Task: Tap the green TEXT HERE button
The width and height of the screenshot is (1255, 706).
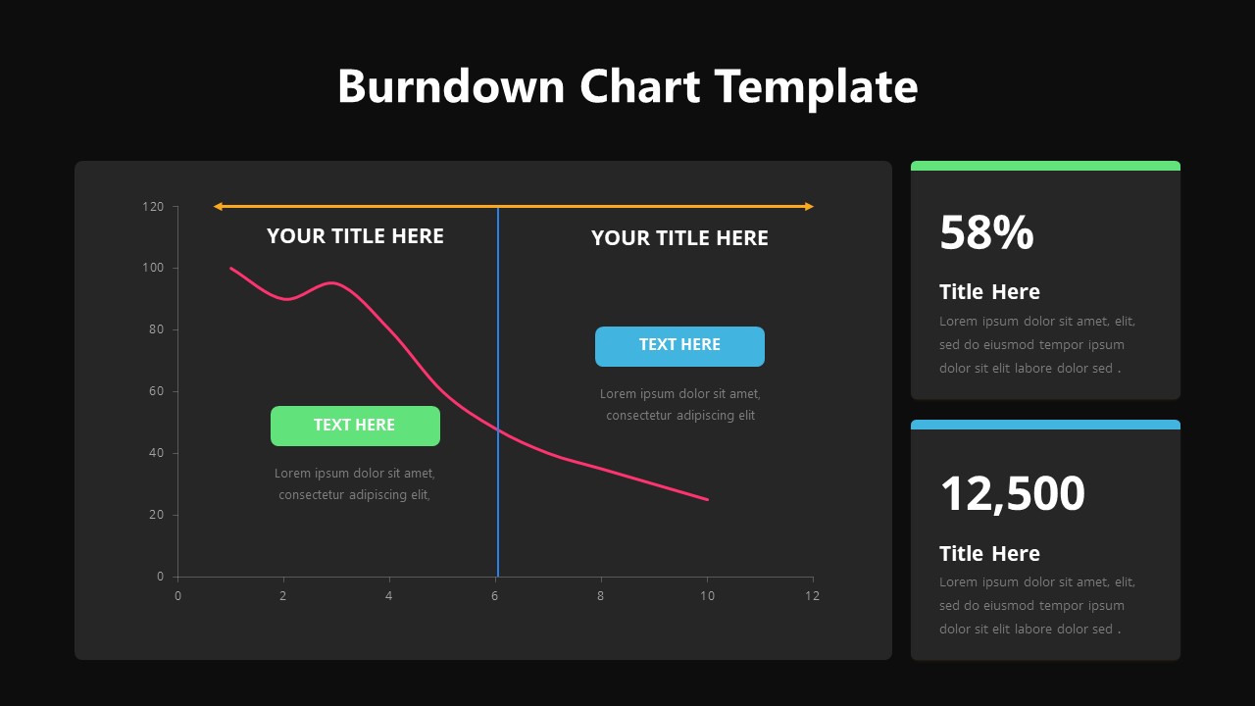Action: click(x=355, y=426)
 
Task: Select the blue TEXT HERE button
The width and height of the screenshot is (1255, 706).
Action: click(x=679, y=346)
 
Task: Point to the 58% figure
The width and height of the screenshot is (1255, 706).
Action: click(x=986, y=233)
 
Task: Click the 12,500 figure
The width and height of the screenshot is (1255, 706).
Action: click(x=1012, y=493)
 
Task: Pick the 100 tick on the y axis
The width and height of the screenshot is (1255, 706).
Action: click(x=153, y=268)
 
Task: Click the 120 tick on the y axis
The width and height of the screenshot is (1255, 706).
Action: click(x=153, y=207)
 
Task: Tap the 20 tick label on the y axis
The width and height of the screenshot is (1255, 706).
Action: click(x=156, y=515)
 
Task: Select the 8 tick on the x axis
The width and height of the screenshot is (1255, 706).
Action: click(x=601, y=595)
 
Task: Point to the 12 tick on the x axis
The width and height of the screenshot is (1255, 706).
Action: click(x=812, y=595)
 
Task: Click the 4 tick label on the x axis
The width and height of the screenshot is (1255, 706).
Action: click(x=389, y=595)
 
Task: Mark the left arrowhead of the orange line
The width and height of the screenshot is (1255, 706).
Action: click(x=218, y=207)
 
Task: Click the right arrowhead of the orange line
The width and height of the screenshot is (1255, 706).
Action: click(x=809, y=207)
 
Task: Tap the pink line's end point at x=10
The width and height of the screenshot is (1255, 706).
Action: click(x=707, y=499)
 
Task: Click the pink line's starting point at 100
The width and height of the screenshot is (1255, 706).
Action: click(x=231, y=268)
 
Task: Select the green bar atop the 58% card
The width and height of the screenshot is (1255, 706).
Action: click(x=1045, y=166)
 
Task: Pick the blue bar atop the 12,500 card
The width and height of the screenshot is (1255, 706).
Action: click(x=1045, y=425)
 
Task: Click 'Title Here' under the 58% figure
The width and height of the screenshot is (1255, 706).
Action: click(x=989, y=292)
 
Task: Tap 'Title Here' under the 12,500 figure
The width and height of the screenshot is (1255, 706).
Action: click(x=989, y=554)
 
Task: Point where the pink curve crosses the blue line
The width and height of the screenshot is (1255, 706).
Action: click(x=498, y=429)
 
